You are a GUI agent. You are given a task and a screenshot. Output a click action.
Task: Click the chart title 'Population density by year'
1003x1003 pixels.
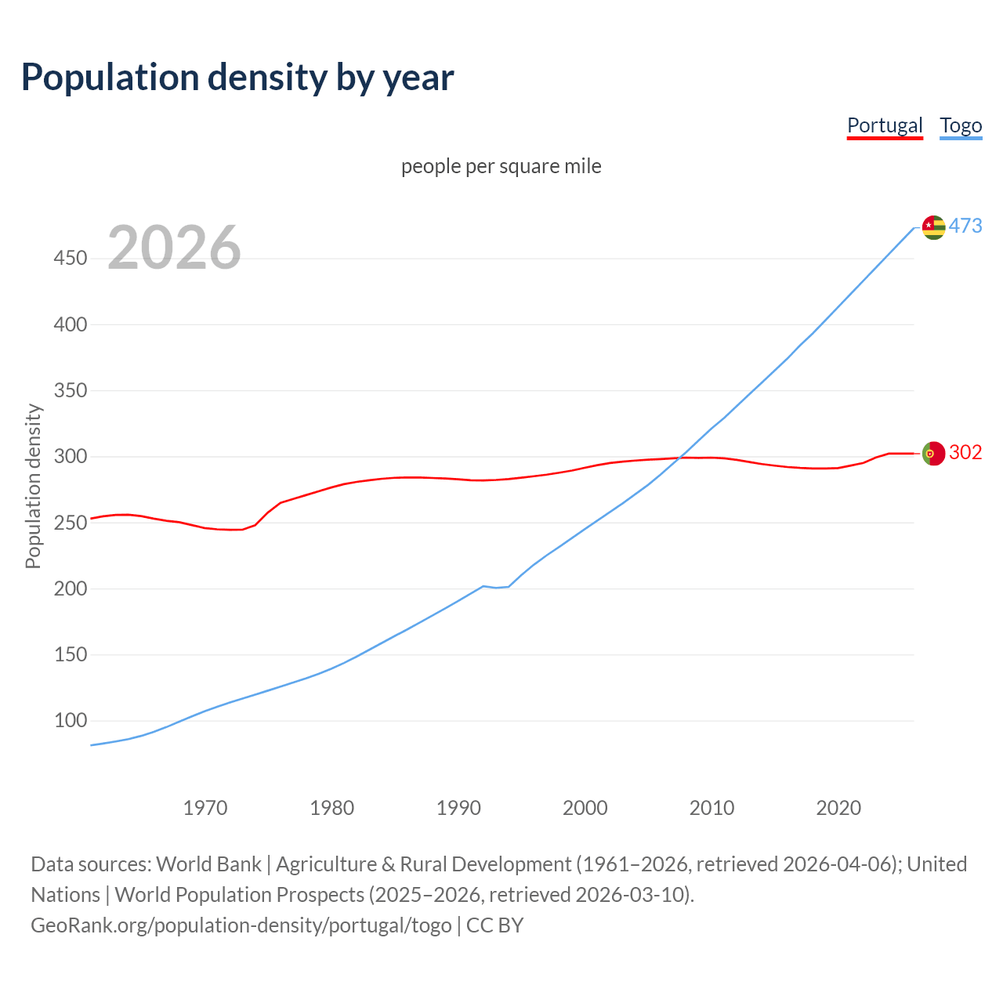(x=237, y=78)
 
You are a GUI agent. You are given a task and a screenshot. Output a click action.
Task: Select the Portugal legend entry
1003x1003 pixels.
(x=885, y=125)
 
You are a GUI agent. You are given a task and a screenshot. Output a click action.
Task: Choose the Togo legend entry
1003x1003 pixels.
(x=961, y=125)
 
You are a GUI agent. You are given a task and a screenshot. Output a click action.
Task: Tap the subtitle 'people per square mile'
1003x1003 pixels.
(x=501, y=166)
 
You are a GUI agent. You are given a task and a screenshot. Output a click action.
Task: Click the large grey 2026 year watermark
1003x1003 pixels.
(x=174, y=248)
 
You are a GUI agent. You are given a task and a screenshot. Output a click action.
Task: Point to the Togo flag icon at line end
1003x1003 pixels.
(x=933, y=227)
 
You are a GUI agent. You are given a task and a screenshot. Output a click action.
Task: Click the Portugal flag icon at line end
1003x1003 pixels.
(x=933, y=454)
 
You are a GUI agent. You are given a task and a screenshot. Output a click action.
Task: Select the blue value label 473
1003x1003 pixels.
(x=965, y=226)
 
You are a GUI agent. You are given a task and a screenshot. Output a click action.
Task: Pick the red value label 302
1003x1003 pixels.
(x=965, y=453)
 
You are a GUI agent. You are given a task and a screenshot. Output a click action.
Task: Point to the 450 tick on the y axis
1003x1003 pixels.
(x=71, y=258)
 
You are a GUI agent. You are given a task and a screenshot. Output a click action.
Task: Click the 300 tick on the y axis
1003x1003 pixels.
(x=71, y=456)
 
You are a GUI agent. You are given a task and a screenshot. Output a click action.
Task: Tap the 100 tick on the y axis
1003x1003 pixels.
(x=71, y=720)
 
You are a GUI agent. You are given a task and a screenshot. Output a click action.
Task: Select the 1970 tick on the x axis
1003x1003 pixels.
(x=205, y=808)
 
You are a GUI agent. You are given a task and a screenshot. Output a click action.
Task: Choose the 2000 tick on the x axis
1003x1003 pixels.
(x=585, y=808)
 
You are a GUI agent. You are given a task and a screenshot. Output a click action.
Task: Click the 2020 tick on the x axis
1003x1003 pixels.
(x=838, y=808)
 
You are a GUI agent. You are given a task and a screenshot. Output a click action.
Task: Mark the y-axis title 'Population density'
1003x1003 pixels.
(x=33, y=486)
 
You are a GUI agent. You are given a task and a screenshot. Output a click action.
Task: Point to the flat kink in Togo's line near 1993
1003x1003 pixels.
(x=496, y=587)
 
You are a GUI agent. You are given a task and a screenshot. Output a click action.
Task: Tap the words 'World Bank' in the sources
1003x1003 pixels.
(x=208, y=864)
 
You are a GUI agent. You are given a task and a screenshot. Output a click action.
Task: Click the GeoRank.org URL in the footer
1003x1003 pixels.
(x=241, y=925)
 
